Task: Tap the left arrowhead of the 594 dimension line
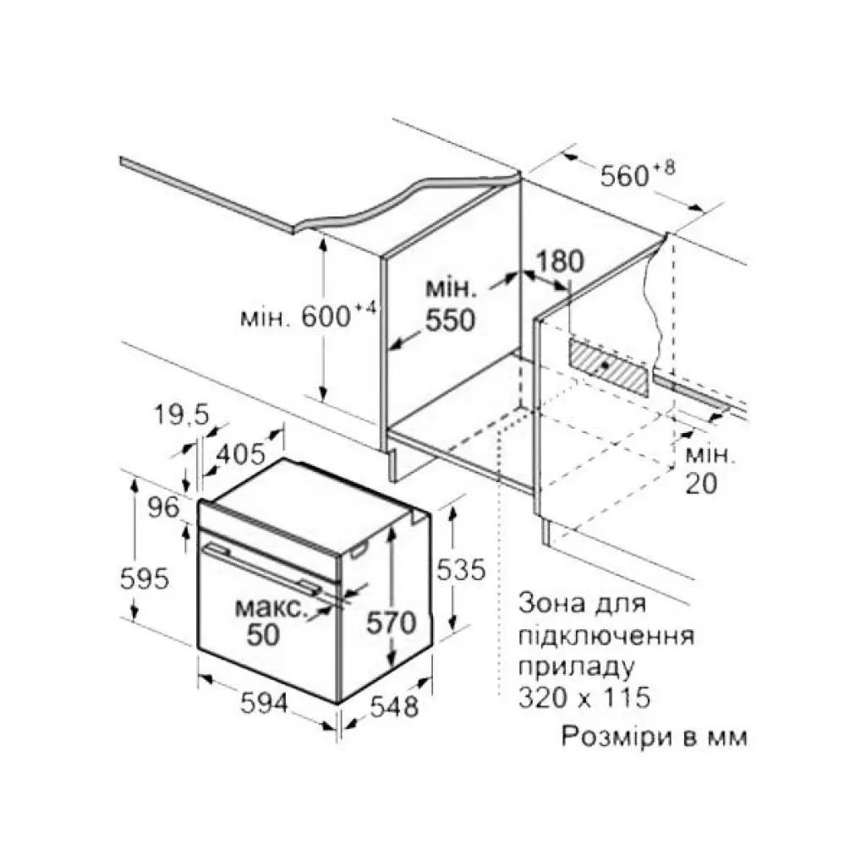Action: (x=205, y=679)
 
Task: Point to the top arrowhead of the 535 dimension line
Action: (x=452, y=513)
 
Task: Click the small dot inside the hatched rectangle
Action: (x=606, y=365)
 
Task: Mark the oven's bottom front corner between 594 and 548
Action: (x=337, y=704)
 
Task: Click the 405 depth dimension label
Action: (x=241, y=454)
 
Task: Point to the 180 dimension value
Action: (x=560, y=261)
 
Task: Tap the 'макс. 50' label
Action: (x=269, y=621)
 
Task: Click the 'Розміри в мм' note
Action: (x=655, y=737)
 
